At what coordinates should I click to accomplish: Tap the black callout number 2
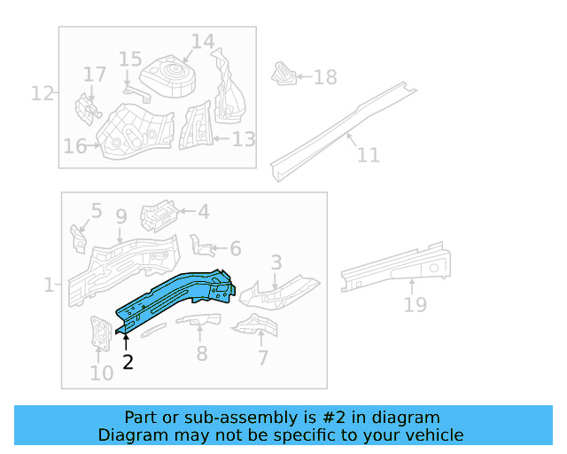128,361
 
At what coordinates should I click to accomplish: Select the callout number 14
203,42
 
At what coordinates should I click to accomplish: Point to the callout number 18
325,77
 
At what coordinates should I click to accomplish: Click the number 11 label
368,155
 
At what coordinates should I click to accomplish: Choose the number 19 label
415,304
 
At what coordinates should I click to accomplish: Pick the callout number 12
43,92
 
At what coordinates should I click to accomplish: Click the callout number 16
74,145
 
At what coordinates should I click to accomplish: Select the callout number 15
130,59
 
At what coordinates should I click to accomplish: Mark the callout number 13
244,139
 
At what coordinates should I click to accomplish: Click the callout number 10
102,372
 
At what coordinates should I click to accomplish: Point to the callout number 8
202,354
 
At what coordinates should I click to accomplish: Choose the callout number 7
263,357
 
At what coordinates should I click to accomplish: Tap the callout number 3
276,262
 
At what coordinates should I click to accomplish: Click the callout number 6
235,249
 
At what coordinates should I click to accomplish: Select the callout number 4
203,211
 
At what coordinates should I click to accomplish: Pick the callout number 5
97,211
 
